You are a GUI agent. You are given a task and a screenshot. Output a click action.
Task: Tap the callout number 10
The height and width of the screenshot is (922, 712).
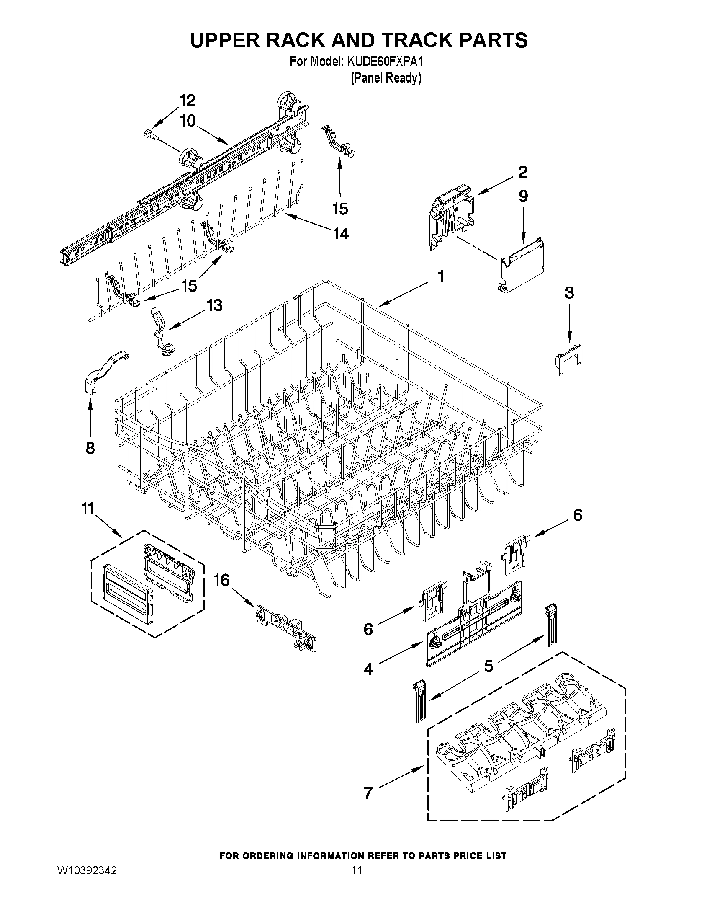(188, 121)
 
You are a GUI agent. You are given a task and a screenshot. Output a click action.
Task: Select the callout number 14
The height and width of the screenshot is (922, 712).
(341, 233)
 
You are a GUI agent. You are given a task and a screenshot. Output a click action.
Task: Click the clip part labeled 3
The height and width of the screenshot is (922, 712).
(568, 359)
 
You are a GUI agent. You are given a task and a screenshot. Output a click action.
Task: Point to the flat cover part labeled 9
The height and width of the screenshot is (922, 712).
(522, 267)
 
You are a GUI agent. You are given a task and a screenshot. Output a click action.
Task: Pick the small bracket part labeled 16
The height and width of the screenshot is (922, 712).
(285, 628)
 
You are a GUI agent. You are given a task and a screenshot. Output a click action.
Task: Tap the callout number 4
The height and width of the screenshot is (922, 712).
(368, 669)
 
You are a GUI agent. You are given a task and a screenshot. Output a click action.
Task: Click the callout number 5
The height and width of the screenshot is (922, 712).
(488, 666)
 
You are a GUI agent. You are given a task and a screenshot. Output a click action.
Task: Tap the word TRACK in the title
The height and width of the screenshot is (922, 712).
(414, 40)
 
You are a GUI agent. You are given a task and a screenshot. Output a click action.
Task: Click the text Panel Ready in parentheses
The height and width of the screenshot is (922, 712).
(386, 78)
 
